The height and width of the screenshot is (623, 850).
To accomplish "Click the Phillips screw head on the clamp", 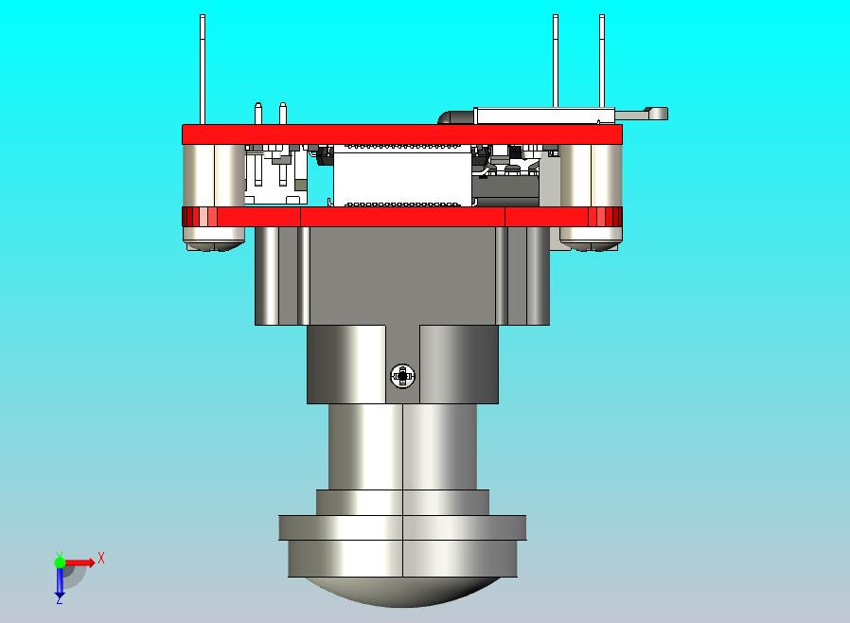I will tap(403, 377).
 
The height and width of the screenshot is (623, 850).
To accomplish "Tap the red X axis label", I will tap(101, 559).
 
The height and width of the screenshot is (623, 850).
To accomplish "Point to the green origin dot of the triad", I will tap(60, 562).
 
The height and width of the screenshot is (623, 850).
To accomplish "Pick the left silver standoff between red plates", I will tap(214, 175).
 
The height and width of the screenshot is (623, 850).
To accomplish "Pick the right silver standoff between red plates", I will tap(592, 175).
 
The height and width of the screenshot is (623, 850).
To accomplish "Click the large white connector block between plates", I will tap(403, 176).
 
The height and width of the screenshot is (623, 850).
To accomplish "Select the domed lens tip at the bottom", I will tap(403, 593).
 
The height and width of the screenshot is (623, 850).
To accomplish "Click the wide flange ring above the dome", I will tap(402, 527).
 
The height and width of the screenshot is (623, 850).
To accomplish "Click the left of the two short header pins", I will tap(257, 113).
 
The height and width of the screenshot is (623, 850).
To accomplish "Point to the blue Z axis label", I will tap(59, 599).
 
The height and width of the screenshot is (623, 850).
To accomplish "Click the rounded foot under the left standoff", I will tap(215, 245).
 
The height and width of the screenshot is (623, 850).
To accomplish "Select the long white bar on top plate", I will tap(540, 115).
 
